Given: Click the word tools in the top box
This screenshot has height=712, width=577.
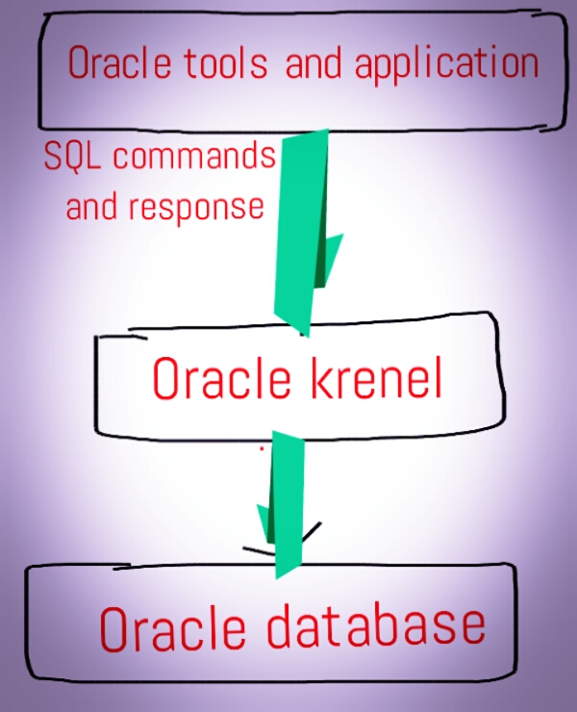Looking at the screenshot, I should pos(227,64).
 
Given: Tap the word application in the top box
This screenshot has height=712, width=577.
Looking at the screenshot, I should pos(446,64).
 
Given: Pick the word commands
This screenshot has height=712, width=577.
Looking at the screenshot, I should pos(194,156).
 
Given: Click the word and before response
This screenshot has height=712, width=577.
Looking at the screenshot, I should pos(91,206).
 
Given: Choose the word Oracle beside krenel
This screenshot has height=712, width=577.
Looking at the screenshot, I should pos(221,379).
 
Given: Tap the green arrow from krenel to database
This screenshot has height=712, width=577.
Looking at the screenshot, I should pos(285,505).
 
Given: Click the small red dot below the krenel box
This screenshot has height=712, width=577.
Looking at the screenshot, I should pos(262,447).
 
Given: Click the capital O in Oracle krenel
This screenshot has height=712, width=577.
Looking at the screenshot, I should pos(165,380).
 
